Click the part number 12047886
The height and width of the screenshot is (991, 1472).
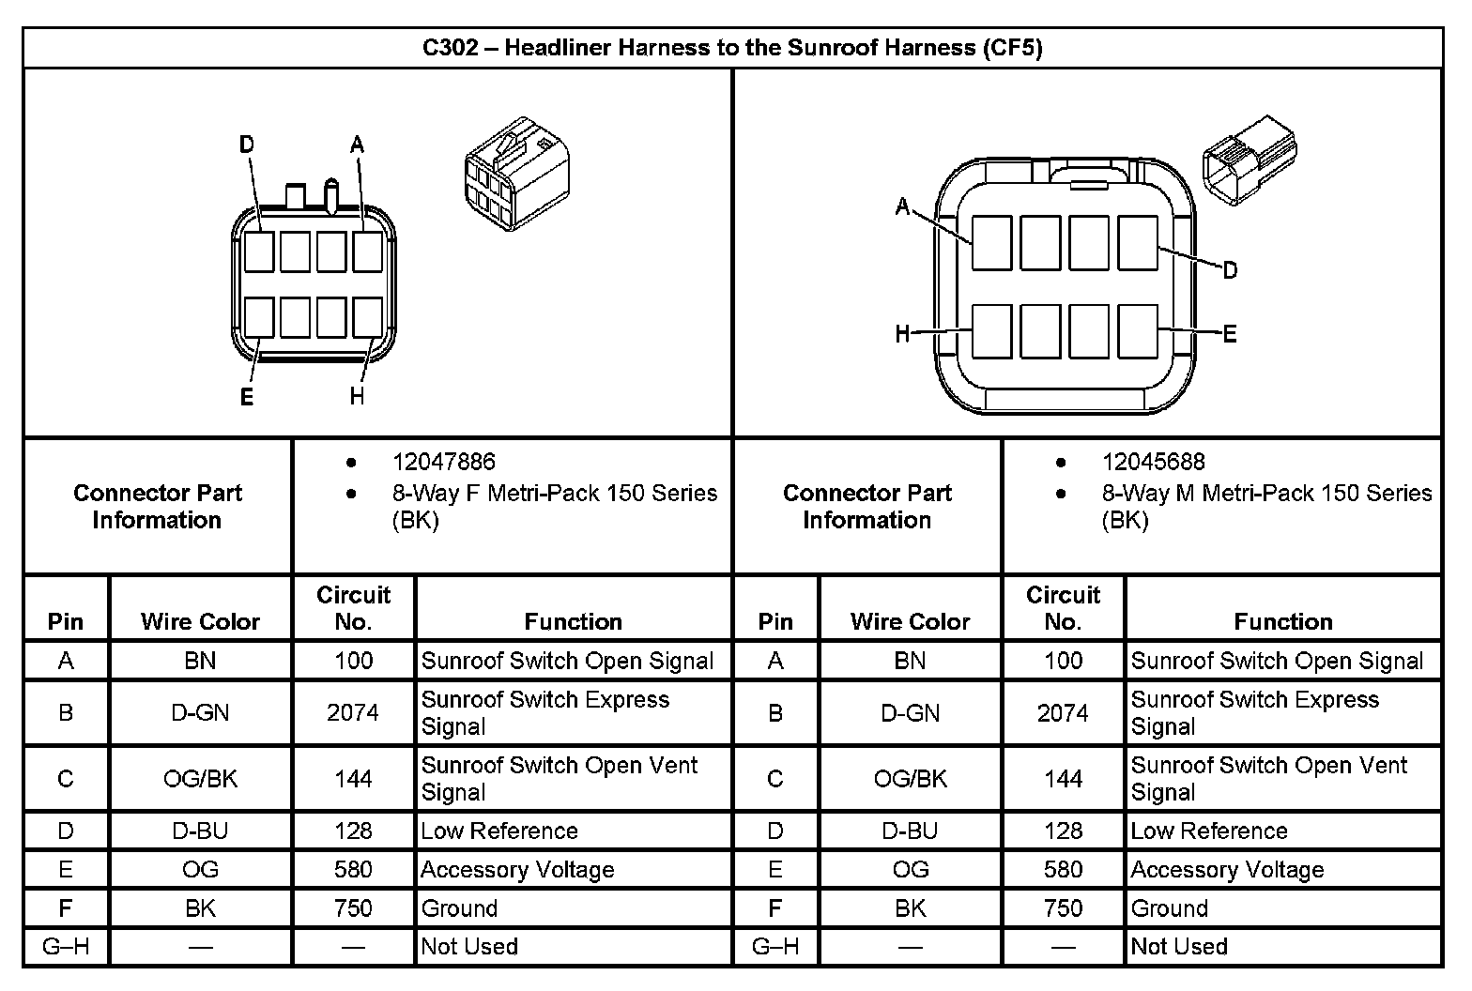[x=443, y=462]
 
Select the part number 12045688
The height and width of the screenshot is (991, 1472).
[x=1153, y=462]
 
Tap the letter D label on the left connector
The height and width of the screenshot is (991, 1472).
[x=247, y=145]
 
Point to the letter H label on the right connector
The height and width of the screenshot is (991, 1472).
[x=903, y=333]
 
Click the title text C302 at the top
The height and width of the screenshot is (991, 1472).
[x=451, y=48]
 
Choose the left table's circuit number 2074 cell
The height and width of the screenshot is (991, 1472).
[x=353, y=713]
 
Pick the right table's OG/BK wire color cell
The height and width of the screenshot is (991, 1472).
[x=910, y=779]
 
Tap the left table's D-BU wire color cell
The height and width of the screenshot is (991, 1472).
[x=200, y=831]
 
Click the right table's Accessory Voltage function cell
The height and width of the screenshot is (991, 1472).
[x=1227, y=870]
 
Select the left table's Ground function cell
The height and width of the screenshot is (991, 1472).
[x=459, y=908]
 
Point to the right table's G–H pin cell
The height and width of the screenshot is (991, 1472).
[x=775, y=947]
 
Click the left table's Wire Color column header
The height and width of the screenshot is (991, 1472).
[x=200, y=621]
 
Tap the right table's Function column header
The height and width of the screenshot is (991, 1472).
[x=1282, y=621]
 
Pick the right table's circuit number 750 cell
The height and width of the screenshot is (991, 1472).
[x=1063, y=908]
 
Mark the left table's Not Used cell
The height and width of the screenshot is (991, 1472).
[x=469, y=947]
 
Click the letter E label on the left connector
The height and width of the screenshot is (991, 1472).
[x=247, y=397]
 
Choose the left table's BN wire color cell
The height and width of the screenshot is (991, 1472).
[x=200, y=661]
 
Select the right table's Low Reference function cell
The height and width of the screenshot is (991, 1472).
[x=1209, y=831]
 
